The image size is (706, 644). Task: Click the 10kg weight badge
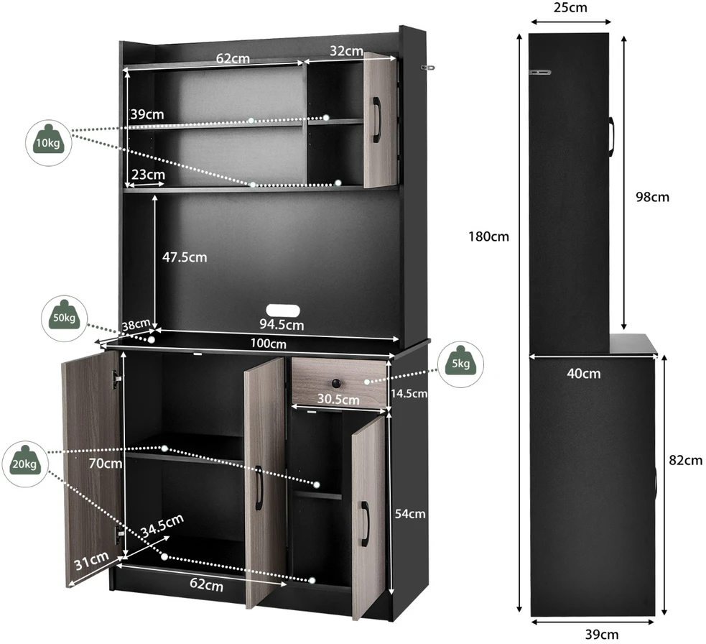pyautogui.click(x=48, y=143)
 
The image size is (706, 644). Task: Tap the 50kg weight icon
pyautogui.click(x=65, y=318)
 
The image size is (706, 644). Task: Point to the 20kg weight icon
pyautogui.click(x=24, y=464)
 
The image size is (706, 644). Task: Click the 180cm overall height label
pyautogui.click(x=488, y=236)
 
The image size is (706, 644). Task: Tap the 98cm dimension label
pyautogui.click(x=652, y=197)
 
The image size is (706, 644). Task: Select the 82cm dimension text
pyautogui.click(x=685, y=460)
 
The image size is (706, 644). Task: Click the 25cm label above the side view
pyautogui.click(x=570, y=8)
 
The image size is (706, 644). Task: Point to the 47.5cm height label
pyautogui.click(x=185, y=257)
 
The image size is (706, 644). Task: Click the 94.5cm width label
pyautogui.click(x=282, y=324)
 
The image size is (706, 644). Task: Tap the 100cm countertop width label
pyautogui.click(x=269, y=344)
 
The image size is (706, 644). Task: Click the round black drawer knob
pyautogui.click(x=337, y=383)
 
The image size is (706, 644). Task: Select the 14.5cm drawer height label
pyautogui.click(x=409, y=393)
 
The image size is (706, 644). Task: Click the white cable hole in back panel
pyautogui.click(x=283, y=310)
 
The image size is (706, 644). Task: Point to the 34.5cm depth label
pyautogui.click(x=162, y=525)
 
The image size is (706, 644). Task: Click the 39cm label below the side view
pyautogui.click(x=602, y=635)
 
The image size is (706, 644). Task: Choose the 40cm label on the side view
pyautogui.click(x=583, y=374)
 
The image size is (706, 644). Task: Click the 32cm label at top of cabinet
pyautogui.click(x=347, y=51)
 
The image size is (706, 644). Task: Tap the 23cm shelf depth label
pyautogui.click(x=148, y=175)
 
